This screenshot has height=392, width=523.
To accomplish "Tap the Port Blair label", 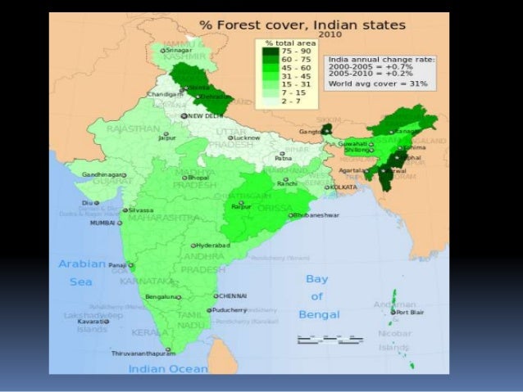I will (410, 312).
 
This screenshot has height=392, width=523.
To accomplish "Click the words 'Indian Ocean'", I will (168, 369).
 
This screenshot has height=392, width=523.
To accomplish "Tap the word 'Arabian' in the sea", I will (82, 264).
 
